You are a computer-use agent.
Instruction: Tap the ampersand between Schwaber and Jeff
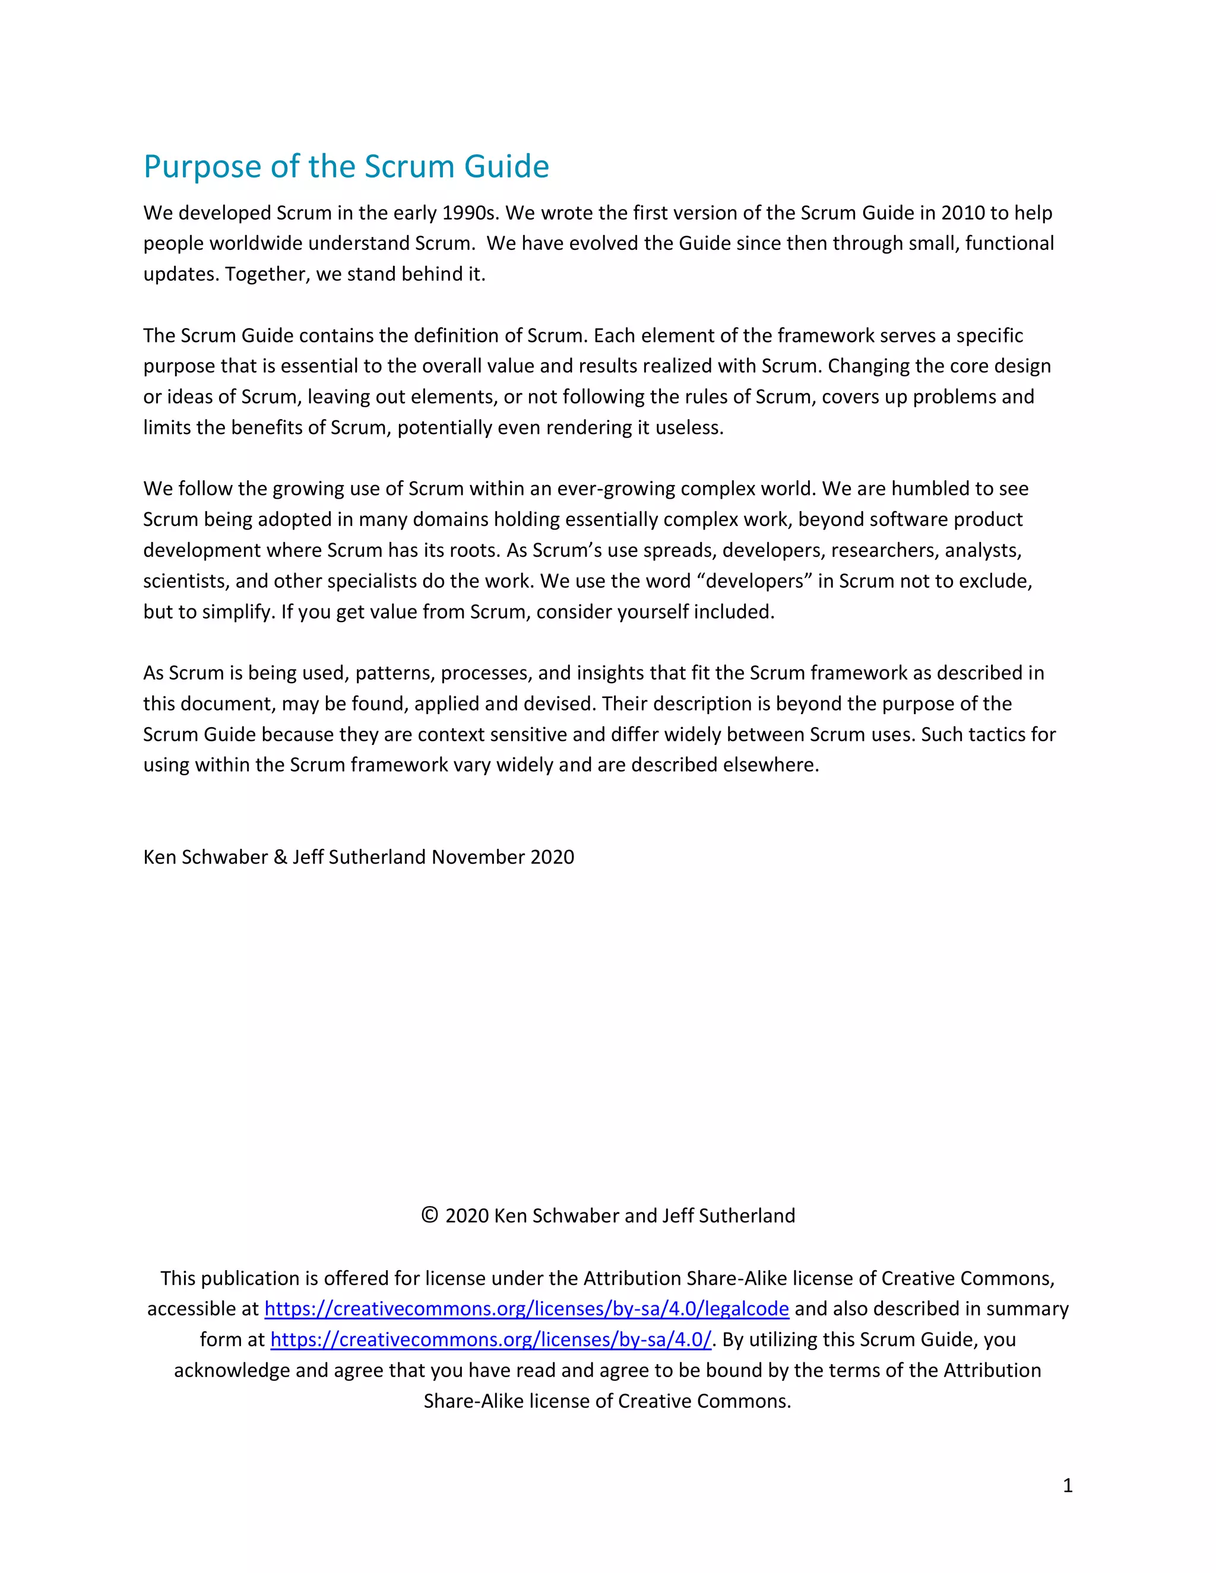tap(280, 857)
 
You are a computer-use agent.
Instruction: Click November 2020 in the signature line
tap(503, 857)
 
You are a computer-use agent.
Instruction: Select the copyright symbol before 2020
tap(429, 1216)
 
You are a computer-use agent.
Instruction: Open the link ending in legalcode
tap(527, 1309)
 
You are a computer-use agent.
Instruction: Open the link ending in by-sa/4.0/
tap(490, 1340)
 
